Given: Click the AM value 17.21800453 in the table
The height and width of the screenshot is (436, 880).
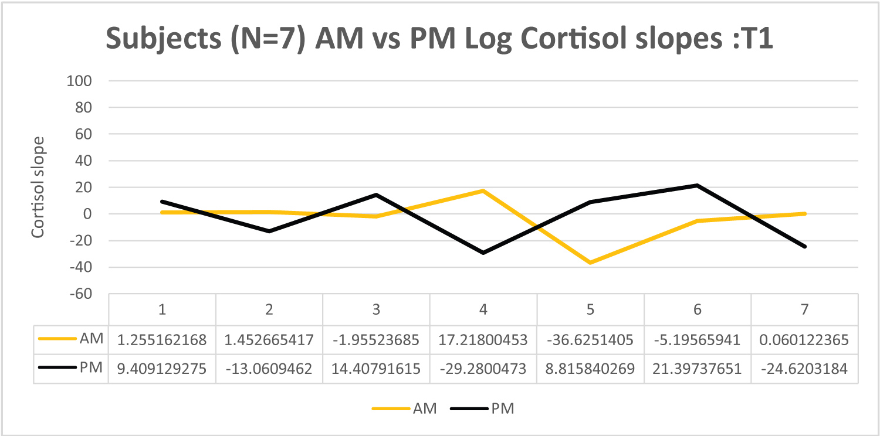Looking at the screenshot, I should (483, 339).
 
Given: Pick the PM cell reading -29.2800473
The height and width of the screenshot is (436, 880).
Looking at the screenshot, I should (483, 368).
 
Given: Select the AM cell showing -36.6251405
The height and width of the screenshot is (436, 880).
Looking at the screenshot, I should (590, 339).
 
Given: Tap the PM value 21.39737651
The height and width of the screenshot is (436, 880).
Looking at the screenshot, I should (697, 368).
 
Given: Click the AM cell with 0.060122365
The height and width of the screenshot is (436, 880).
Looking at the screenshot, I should (804, 339).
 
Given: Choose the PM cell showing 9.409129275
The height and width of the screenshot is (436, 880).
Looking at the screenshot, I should (162, 368).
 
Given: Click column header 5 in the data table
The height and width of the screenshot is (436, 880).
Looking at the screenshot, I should (590, 309).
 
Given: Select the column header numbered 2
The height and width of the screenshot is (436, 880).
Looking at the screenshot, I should (269, 309).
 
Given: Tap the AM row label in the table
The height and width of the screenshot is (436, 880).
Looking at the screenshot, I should (91, 339).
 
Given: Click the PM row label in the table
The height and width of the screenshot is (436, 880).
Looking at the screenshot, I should (91, 368).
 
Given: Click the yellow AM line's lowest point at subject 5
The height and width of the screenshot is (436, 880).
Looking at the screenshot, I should (590, 263).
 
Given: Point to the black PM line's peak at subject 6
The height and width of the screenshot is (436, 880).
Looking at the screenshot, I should (697, 185).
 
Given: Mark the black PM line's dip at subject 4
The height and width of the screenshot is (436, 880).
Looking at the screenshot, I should (483, 253).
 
